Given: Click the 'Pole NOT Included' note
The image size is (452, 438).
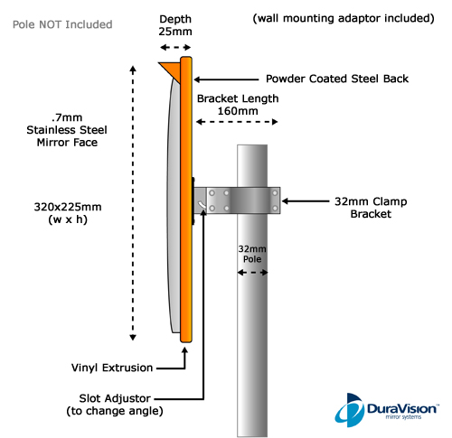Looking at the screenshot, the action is click(x=62, y=24).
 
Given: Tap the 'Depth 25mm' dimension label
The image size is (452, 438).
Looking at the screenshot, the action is click(x=175, y=25).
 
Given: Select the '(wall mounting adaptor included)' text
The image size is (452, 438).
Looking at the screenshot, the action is click(x=344, y=18).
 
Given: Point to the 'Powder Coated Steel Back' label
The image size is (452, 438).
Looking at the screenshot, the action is click(x=337, y=79).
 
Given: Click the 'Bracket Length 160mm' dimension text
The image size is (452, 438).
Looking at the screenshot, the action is click(x=238, y=105).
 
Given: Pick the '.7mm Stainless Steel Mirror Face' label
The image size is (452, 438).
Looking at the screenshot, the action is click(x=67, y=130).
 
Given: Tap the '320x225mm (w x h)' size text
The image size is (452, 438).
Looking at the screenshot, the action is click(x=68, y=213).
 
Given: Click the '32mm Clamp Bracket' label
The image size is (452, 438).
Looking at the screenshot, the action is click(x=371, y=208).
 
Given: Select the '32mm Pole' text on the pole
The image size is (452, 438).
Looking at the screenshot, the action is click(x=252, y=254).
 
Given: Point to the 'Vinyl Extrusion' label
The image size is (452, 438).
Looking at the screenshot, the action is click(x=112, y=368).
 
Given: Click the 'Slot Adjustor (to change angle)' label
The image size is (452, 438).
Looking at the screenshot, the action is click(x=115, y=405).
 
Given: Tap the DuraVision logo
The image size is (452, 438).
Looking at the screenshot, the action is click(x=387, y=410).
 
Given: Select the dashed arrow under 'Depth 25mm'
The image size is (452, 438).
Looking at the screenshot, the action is click(x=175, y=47).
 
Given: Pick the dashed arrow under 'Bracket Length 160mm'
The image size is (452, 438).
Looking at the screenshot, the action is click(x=237, y=122).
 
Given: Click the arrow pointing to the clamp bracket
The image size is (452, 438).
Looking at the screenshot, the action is click(x=306, y=201).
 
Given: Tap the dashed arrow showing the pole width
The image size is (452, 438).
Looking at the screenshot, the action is click(x=252, y=273).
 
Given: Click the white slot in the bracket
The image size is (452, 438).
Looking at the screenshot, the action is click(x=202, y=205).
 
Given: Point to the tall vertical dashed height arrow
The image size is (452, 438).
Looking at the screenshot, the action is click(x=133, y=203).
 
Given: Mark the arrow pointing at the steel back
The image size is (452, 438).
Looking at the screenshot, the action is click(x=226, y=79).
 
